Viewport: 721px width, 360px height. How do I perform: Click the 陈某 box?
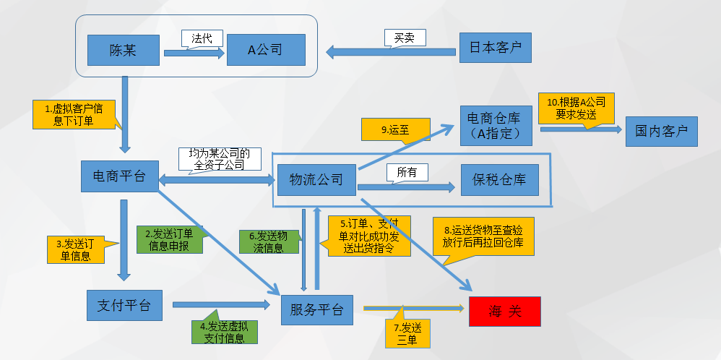(x=123, y=50)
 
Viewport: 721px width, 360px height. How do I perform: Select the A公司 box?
(x=265, y=50)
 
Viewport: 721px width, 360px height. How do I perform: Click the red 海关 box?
(x=504, y=311)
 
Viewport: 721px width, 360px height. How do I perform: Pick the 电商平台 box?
(x=120, y=176)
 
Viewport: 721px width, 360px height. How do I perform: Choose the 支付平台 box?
(x=124, y=305)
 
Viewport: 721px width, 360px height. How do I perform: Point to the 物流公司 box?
(x=316, y=179)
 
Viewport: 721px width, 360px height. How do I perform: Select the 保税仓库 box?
(x=499, y=179)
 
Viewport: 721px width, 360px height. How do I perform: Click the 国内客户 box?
(x=661, y=132)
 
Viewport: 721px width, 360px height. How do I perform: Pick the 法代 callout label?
(x=202, y=39)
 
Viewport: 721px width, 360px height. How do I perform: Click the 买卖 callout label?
(x=404, y=38)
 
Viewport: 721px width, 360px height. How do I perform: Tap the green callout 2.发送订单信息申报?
(x=168, y=239)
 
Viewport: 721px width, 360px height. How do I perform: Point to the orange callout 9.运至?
(x=394, y=130)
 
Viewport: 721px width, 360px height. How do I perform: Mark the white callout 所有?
(x=407, y=172)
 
